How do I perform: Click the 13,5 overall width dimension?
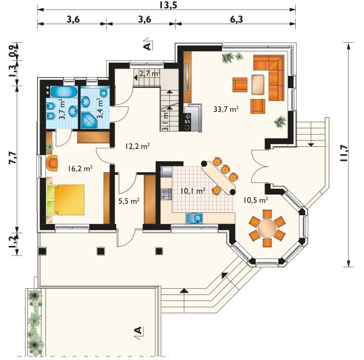click(x=168, y=5)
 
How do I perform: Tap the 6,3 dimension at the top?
click(x=236, y=19)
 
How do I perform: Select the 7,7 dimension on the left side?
click(x=14, y=158)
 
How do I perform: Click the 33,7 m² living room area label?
click(x=226, y=109)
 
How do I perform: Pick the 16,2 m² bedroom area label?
click(x=81, y=168)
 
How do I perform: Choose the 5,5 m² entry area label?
click(x=129, y=201)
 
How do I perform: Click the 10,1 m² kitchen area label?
click(x=193, y=191)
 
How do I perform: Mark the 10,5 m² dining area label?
click(x=256, y=200)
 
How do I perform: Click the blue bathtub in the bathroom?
click(x=64, y=92)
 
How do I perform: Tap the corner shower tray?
click(x=89, y=120)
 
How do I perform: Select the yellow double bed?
click(x=66, y=200)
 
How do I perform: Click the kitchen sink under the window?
click(x=194, y=218)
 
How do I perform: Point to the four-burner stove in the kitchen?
click(x=167, y=195)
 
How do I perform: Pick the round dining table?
click(x=267, y=228)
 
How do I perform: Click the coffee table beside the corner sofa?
click(x=258, y=85)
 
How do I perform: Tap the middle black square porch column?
click(x=101, y=251)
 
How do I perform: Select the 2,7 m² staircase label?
click(x=150, y=74)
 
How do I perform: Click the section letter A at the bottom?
click(x=138, y=330)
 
